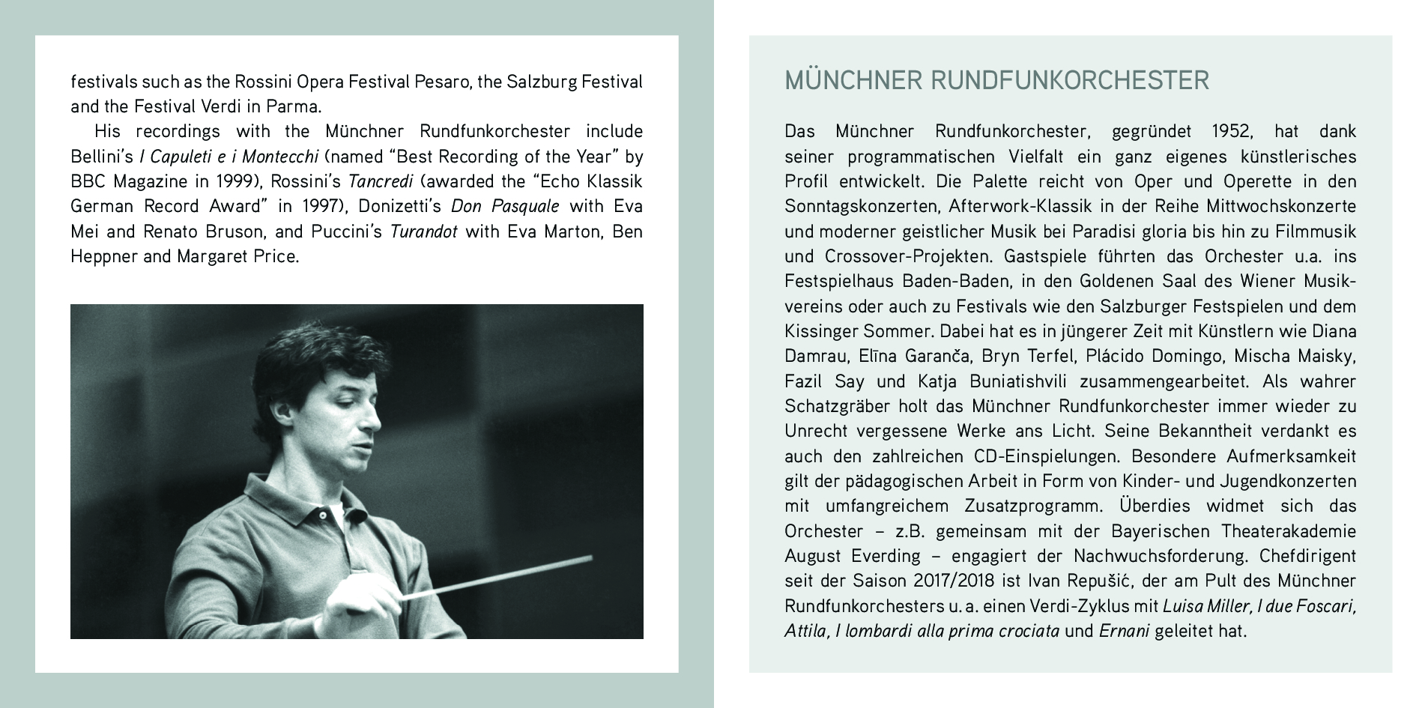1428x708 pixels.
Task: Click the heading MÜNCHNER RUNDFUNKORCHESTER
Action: [996, 80]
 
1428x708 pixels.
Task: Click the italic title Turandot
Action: [423, 231]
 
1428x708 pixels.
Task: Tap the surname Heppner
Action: [104, 256]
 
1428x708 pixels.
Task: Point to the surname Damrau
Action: [815, 356]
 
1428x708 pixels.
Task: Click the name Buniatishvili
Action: [1018, 381]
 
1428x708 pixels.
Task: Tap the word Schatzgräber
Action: [836, 406]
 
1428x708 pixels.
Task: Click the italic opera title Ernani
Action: [1124, 631]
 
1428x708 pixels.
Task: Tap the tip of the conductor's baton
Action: [590, 557]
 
